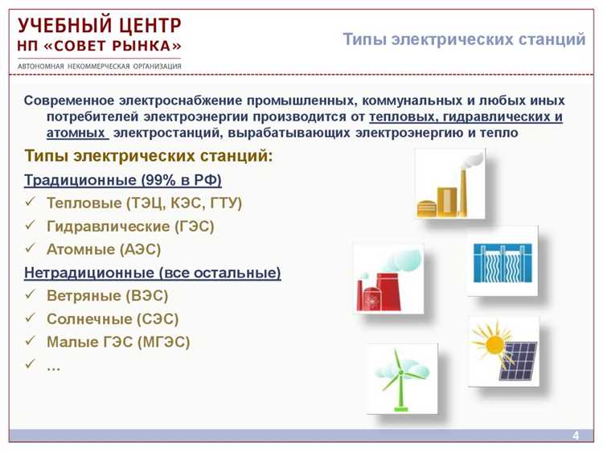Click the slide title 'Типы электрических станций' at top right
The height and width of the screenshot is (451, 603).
click(x=464, y=39)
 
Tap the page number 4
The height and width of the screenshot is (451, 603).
click(x=576, y=436)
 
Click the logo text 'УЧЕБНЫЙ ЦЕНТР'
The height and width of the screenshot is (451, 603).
click(x=100, y=25)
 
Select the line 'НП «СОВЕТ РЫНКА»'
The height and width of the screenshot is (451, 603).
click(x=100, y=45)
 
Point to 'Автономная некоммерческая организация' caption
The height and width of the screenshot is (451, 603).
click(x=100, y=66)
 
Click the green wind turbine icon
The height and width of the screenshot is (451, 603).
click(x=402, y=378)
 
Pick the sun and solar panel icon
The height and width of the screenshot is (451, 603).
click(x=503, y=351)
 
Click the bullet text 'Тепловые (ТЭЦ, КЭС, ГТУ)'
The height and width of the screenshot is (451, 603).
click(x=144, y=203)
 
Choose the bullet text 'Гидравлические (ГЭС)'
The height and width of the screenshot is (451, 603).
click(x=130, y=227)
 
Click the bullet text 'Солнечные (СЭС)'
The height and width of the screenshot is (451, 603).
click(x=113, y=319)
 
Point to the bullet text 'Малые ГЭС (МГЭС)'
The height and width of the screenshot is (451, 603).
click(x=118, y=342)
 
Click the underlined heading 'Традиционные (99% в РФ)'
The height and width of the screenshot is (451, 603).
click(x=123, y=180)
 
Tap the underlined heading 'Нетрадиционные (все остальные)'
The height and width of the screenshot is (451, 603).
click(x=153, y=273)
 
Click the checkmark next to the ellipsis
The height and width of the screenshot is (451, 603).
click(x=31, y=364)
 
